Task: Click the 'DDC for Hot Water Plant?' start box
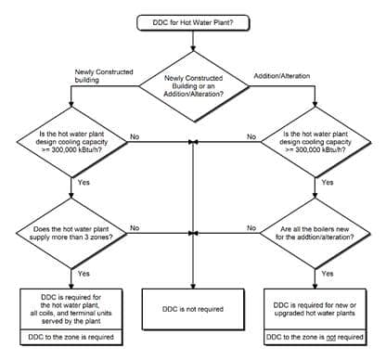(193, 21)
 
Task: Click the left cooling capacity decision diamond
(72, 145)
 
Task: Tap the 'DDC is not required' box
(193, 305)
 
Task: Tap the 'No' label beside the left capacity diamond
(135, 136)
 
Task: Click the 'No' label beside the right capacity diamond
(251, 136)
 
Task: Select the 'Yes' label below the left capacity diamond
(84, 184)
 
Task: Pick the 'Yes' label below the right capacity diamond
(328, 184)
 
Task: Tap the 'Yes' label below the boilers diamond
(328, 274)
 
